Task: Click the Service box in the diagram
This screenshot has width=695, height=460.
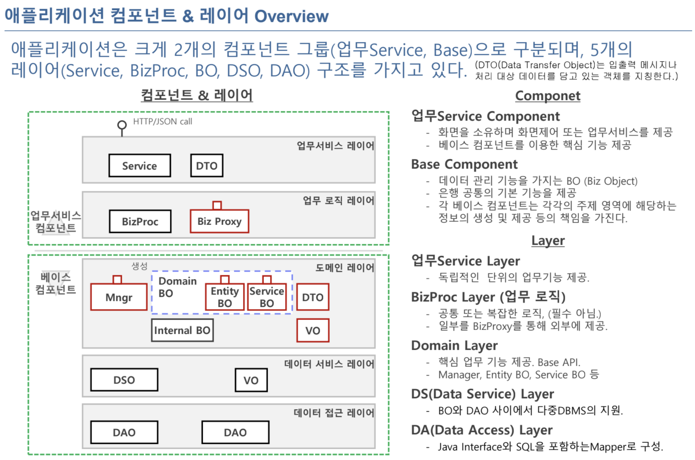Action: point(140,166)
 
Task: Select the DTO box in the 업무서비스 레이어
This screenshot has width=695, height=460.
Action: point(207,166)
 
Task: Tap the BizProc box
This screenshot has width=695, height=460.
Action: point(140,222)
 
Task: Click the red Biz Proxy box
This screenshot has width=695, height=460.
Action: point(219,221)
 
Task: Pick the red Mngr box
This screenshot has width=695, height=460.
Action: point(119,297)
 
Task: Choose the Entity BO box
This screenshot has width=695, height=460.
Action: point(225,297)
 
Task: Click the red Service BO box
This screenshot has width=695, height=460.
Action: point(267,297)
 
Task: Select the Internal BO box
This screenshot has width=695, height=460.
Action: point(182,330)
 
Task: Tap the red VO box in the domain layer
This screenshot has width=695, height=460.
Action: point(313,331)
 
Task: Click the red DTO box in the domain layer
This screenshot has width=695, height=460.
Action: point(313,297)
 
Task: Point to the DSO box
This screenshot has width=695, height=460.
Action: point(124,380)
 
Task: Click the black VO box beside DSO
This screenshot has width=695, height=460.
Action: point(251,380)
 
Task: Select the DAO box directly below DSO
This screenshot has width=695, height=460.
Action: point(124,432)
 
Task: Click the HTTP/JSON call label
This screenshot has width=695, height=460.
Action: point(162,121)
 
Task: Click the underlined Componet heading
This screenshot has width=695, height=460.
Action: point(548,96)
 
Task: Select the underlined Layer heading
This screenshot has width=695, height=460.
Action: point(548,241)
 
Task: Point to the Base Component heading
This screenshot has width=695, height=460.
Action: point(464,164)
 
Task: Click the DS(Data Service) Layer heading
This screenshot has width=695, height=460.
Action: point(483,394)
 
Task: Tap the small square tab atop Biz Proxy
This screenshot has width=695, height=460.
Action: point(217,205)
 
